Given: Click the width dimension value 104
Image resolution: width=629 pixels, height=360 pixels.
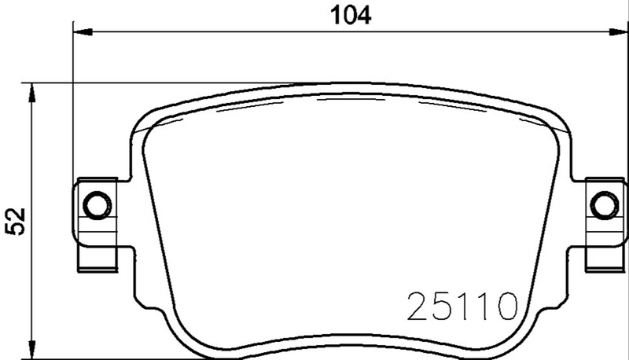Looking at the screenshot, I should click(x=346, y=14).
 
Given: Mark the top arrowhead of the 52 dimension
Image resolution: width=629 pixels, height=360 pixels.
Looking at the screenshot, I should click(x=31, y=90).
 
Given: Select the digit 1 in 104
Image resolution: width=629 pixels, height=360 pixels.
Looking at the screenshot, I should click(x=330, y=14).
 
